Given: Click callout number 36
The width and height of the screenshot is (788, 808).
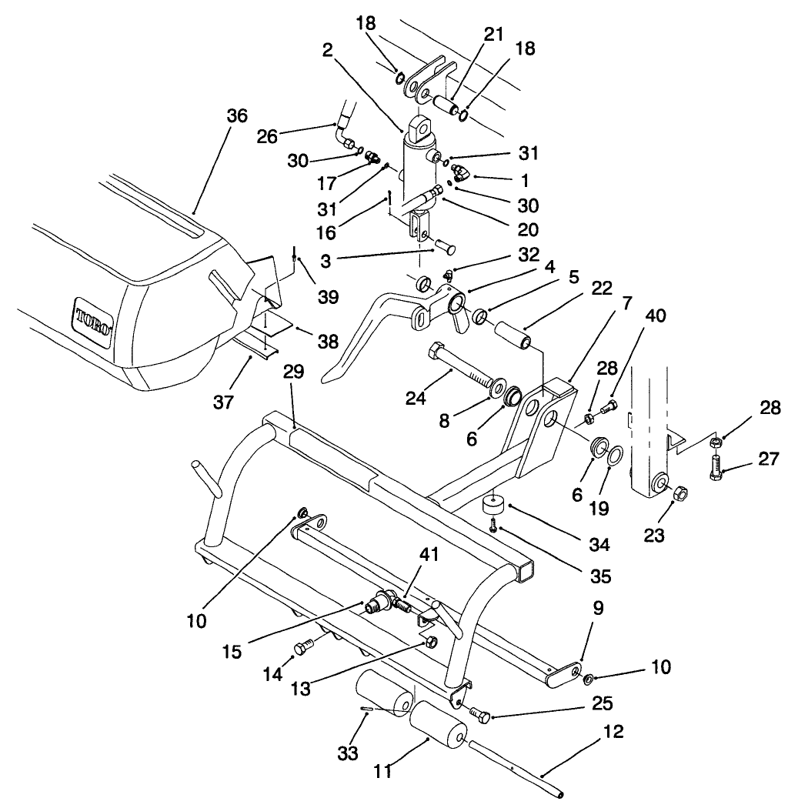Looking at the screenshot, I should click(237, 115).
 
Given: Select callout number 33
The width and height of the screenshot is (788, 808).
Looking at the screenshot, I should click(348, 753).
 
